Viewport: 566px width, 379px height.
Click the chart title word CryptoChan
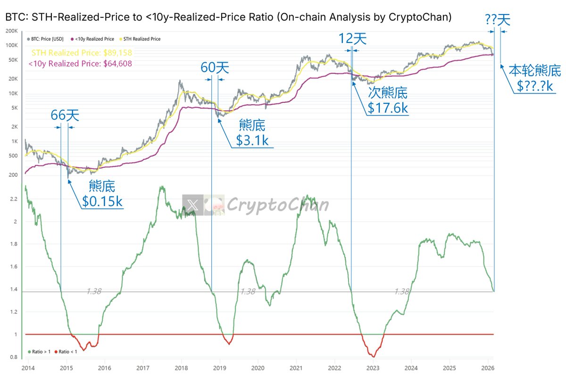(420, 17)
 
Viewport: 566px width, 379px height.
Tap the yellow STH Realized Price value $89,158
(82, 53)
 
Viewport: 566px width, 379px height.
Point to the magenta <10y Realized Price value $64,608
(80, 64)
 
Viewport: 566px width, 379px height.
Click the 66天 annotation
(65, 115)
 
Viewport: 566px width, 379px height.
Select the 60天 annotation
(215, 68)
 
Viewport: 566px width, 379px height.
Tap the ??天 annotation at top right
(497, 20)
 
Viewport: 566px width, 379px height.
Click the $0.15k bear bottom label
(102, 201)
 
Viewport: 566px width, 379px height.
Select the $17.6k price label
(388, 108)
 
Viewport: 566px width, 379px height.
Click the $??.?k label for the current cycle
(534, 86)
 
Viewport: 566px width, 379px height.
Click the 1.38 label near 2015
(94, 292)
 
